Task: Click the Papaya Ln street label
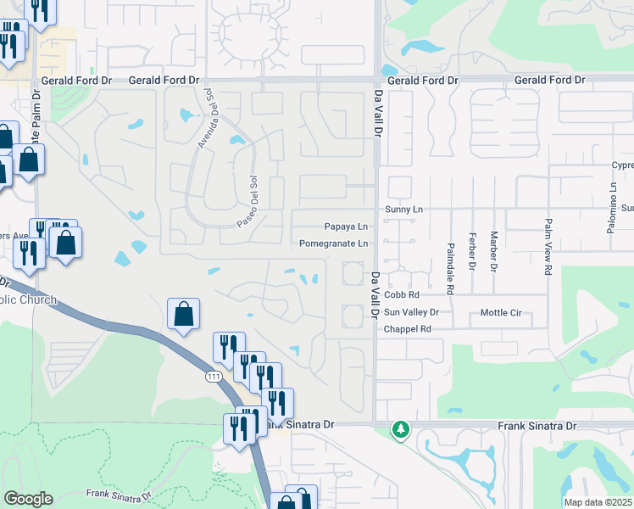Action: pos(346,227)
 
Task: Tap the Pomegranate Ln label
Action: pos(333,243)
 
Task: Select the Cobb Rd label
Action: pos(402,295)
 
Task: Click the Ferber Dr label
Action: pos(473,251)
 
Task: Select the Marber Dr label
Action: pos(493,251)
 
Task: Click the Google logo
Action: pos(28,498)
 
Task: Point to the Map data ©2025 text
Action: pos(598,502)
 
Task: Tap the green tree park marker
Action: pos(400,430)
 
